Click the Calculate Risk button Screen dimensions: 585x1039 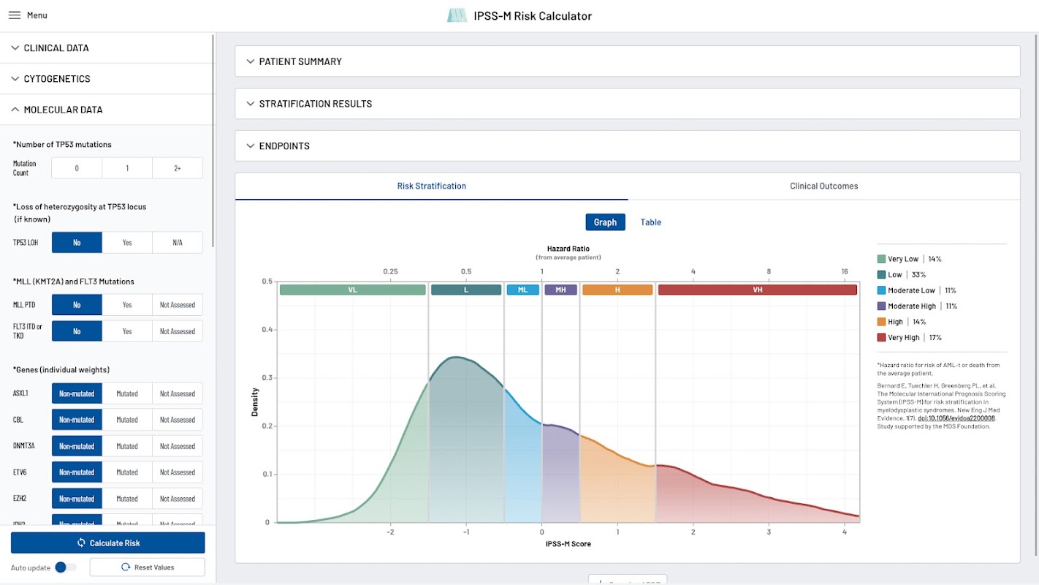point(108,543)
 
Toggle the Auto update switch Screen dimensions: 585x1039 point(66,567)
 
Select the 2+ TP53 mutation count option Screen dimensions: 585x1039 point(178,168)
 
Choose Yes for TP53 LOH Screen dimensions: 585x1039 point(127,242)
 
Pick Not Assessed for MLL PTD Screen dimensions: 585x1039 point(178,305)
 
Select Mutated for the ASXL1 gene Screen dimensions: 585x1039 point(127,393)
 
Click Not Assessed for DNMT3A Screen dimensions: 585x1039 point(178,446)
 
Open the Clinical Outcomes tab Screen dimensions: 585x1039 point(823,186)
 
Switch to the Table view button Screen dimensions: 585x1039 point(650,222)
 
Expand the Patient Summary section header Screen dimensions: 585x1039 point(300,61)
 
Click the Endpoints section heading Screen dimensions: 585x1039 point(284,146)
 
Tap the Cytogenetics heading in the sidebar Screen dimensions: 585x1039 point(57,79)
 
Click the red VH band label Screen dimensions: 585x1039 point(757,290)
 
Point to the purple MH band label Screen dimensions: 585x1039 point(560,290)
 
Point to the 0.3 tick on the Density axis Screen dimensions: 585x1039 point(267,378)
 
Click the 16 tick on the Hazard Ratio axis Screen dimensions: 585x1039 point(845,272)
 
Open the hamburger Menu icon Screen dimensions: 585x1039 point(15,15)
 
